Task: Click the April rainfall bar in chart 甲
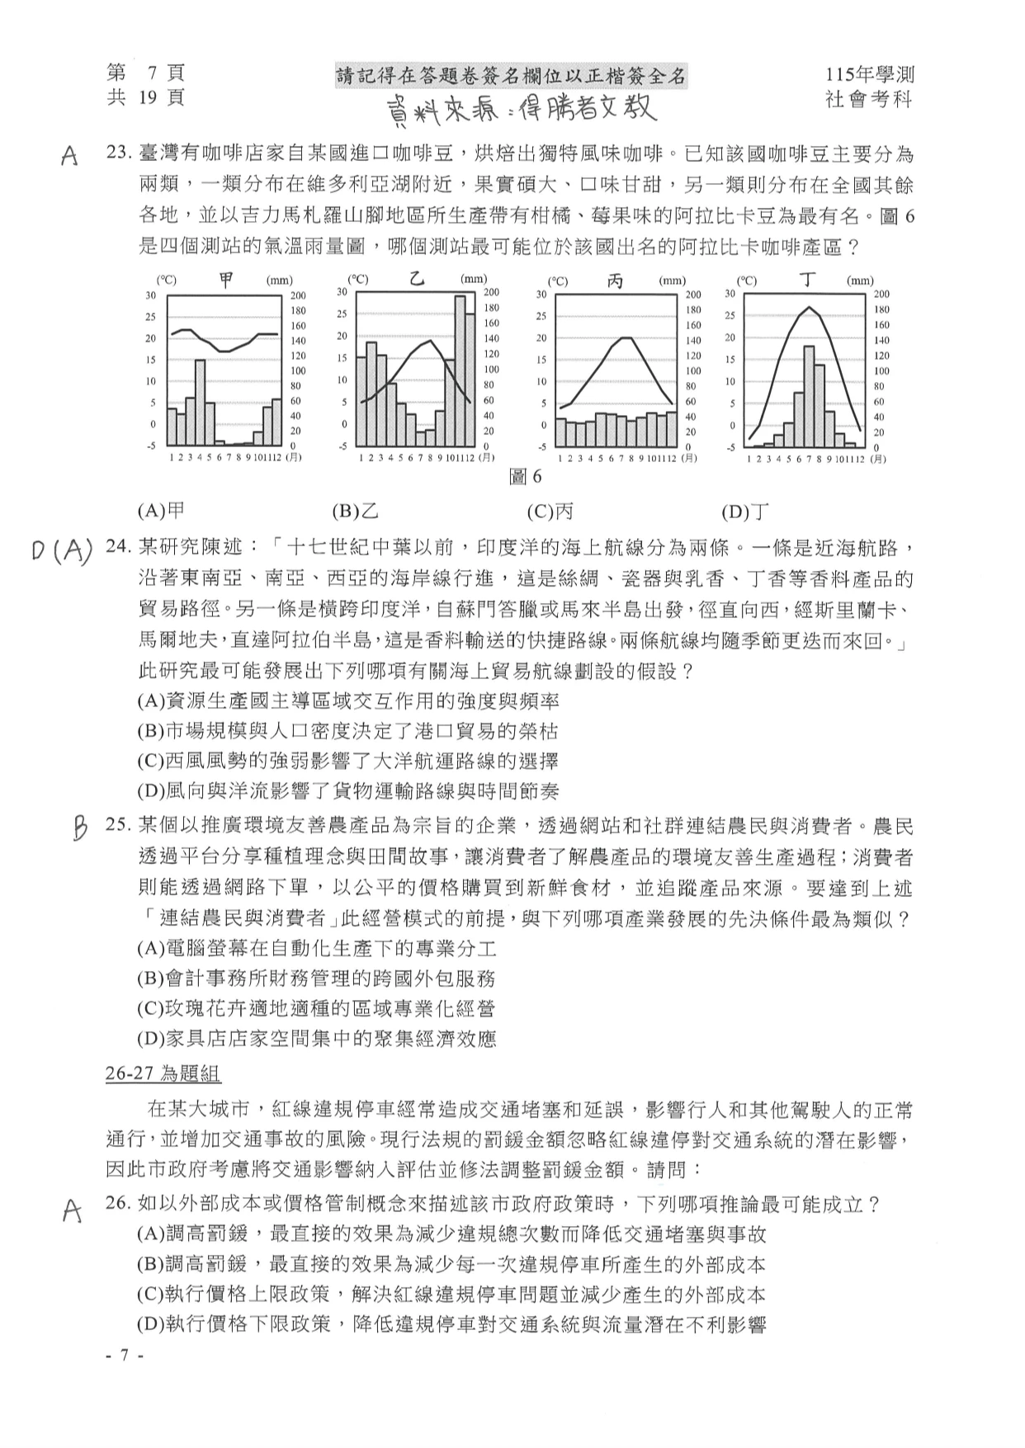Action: coord(200,402)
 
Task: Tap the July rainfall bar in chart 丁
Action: coord(809,397)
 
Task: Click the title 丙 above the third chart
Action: coord(615,281)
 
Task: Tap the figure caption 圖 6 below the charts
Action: coord(526,476)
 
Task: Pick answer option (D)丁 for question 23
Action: coord(745,512)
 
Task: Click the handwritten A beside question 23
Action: coord(70,156)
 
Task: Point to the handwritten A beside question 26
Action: coord(73,1210)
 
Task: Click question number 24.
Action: coord(120,548)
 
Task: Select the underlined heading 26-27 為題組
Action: coord(163,1073)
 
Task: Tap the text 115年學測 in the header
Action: coord(869,74)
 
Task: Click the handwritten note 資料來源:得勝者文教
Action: coord(522,109)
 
